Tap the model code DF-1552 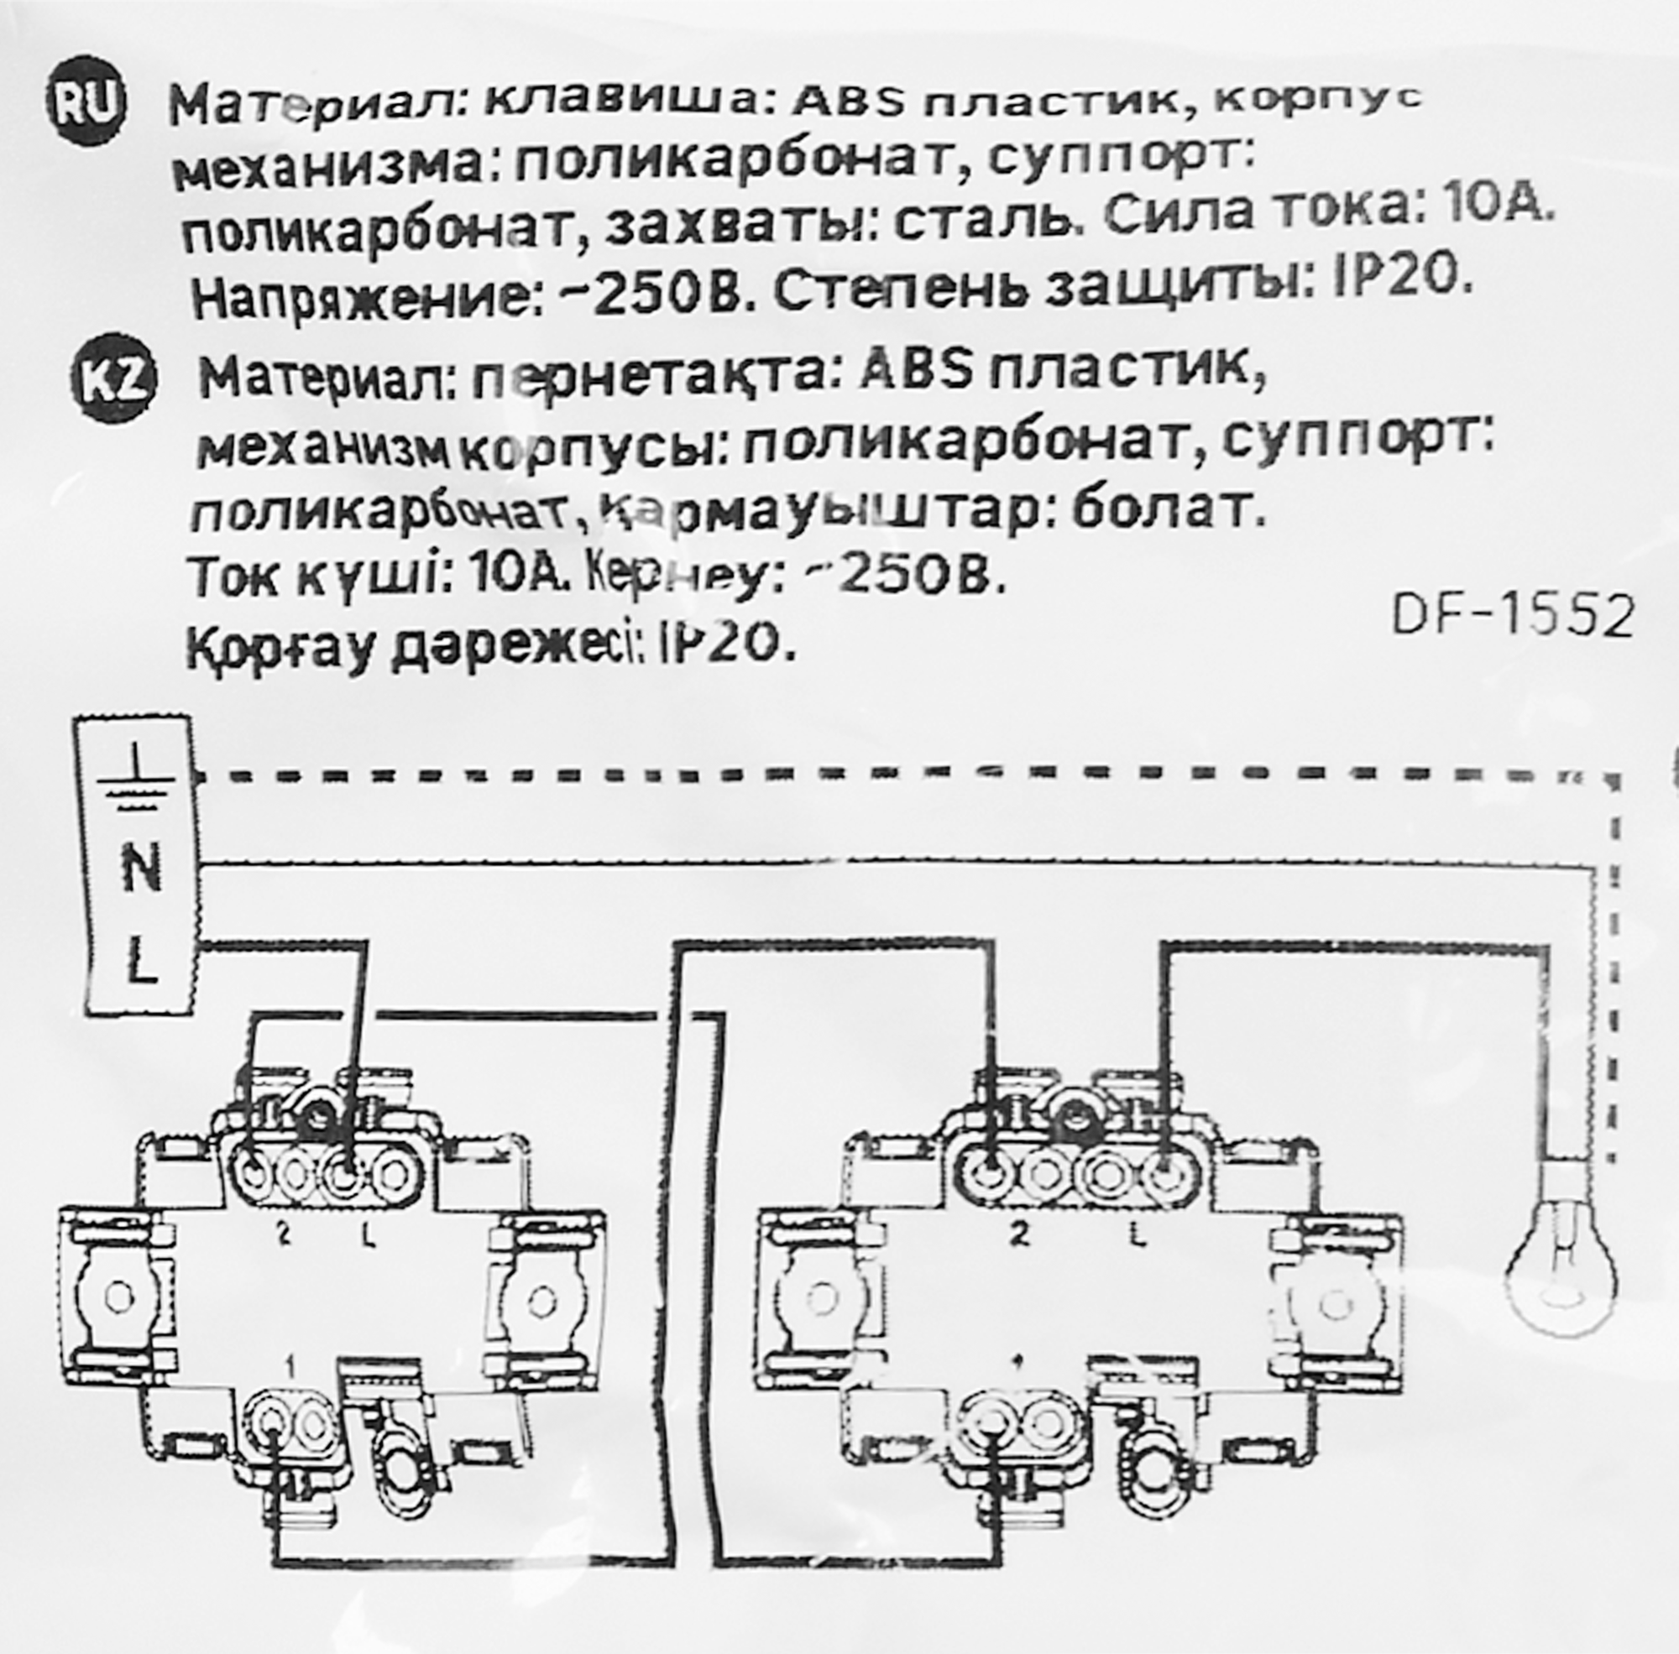tap(1512, 618)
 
